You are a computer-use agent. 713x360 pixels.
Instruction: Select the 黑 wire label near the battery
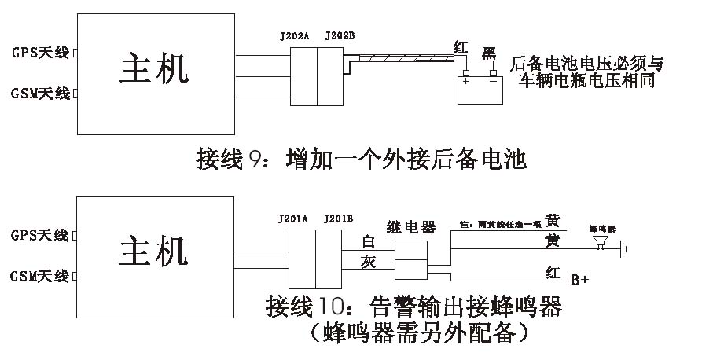pyautogui.click(x=489, y=53)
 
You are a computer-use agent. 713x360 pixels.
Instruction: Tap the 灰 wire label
pyautogui.click(x=369, y=261)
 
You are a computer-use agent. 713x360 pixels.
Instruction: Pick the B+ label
pyautogui.click(x=579, y=279)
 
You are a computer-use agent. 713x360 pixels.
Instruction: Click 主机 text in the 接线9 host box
pyautogui.click(x=155, y=69)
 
